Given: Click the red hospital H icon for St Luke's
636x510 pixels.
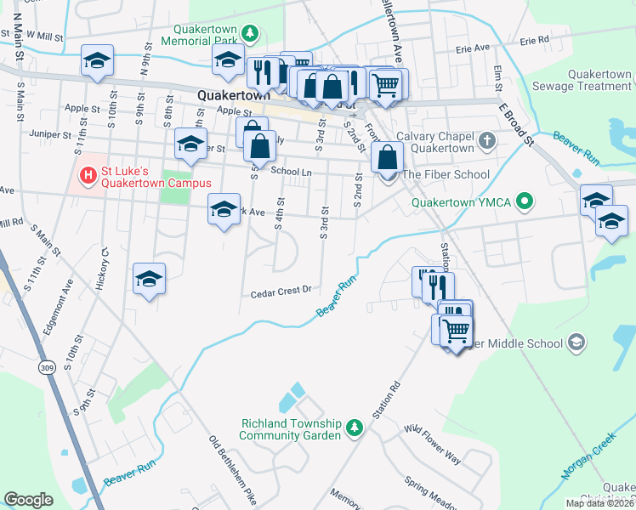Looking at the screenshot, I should (86, 176).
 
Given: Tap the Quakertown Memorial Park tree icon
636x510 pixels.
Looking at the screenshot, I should (250, 33).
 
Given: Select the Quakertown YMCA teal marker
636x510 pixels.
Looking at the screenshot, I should (525, 202).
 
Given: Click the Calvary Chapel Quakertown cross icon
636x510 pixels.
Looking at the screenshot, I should (486, 140).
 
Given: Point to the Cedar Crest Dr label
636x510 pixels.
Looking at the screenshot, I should (281, 292).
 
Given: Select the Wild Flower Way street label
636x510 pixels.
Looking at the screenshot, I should (432, 445).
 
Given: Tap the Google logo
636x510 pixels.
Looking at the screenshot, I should (28, 500).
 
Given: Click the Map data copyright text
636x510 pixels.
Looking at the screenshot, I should (599, 503).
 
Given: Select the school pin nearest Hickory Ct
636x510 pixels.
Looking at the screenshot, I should (149, 280).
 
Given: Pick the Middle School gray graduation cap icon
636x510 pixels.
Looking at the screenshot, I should (576, 343).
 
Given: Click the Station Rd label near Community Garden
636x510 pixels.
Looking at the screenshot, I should (385, 404).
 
